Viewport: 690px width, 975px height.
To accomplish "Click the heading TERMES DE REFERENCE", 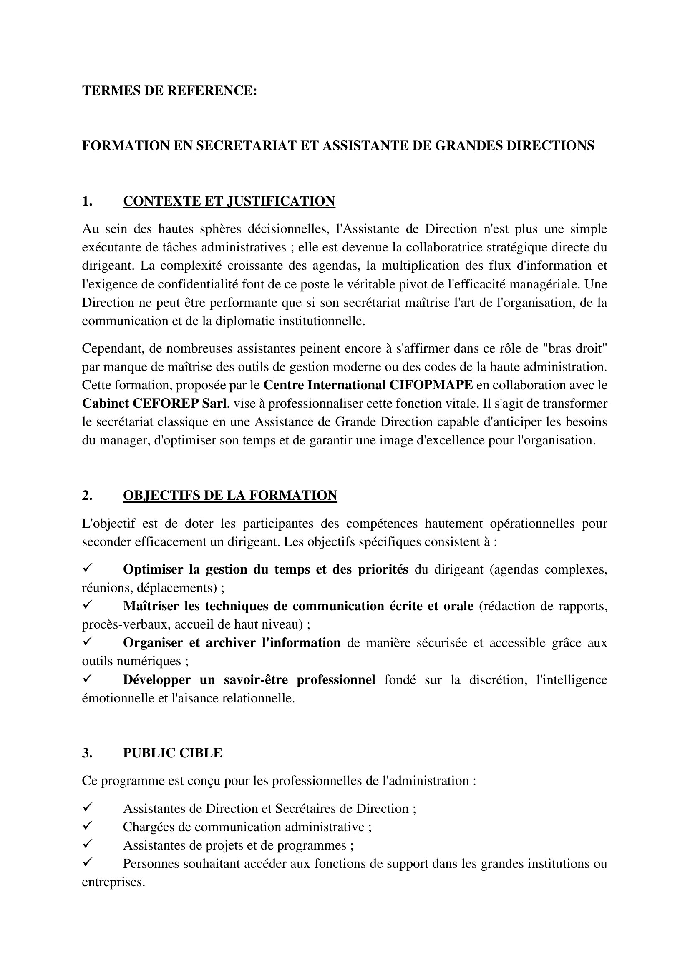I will click(169, 90).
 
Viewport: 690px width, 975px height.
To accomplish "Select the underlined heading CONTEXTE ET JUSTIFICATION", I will click(229, 201).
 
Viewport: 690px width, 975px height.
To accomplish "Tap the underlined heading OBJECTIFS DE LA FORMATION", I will click(230, 495).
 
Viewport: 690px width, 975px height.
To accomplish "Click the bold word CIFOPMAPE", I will click(431, 385).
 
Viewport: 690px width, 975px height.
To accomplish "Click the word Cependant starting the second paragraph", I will click(109, 348).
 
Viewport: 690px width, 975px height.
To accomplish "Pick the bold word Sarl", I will click(214, 404).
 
